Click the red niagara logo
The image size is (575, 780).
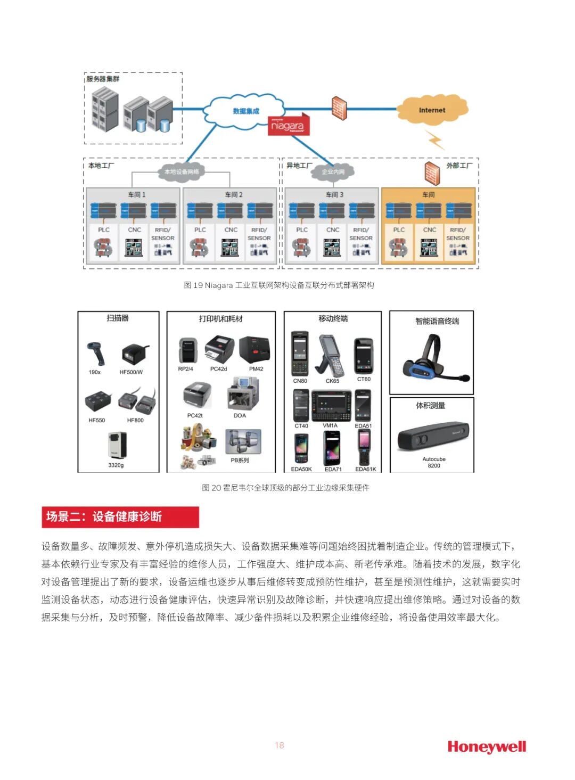(288, 126)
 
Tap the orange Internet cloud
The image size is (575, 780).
(432, 110)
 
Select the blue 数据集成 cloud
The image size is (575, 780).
(245, 111)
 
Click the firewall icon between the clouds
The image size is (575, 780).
(339, 109)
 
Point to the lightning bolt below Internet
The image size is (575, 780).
(436, 139)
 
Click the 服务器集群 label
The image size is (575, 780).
(103, 79)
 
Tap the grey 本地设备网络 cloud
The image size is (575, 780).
(181, 171)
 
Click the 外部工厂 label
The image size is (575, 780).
(459, 166)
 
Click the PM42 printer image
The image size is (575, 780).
(255, 350)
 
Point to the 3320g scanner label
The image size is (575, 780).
(116, 465)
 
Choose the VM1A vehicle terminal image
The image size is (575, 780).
(331, 406)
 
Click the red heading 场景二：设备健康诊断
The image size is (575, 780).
(120, 516)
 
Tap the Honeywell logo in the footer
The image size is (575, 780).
(487, 746)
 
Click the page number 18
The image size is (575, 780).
(280, 745)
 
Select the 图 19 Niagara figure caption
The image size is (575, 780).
(278, 285)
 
